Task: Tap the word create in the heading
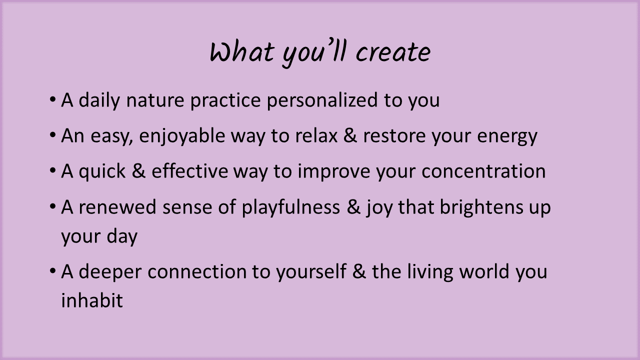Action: click(x=393, y=52)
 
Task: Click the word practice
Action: click(x=225, y=100)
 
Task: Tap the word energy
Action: click(x=507, y=136)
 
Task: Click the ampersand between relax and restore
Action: click(x=350, y=135)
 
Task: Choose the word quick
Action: click(x=102, y=171)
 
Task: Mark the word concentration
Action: click(x=483, y=171)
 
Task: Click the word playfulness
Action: click(x=291, y=207)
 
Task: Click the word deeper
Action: click(x=110, y=272)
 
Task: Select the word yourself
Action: click(x=311, y=271)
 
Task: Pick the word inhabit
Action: click(x=92, y=300)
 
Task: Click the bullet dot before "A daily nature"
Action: click(x=52, y=99)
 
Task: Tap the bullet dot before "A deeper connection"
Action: click(x=52, y=270)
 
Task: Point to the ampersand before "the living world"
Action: click(x=359, y=271)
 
